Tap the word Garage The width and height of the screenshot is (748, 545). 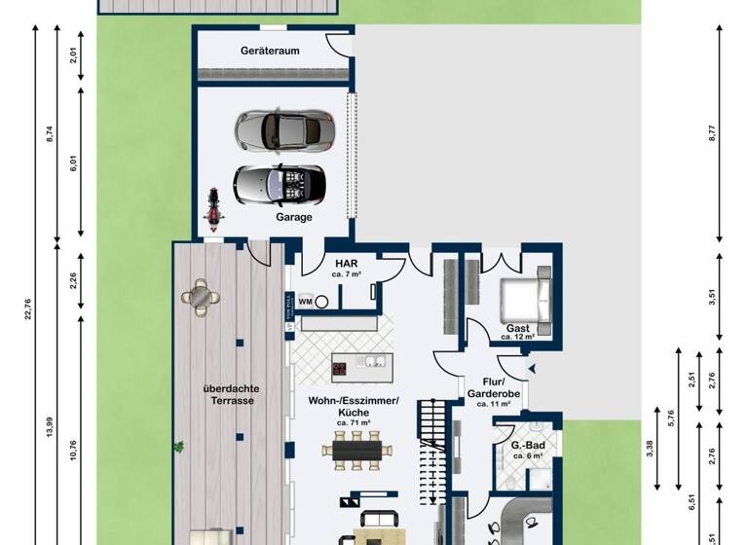pos(293,217)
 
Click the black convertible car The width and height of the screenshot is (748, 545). pos(279,182)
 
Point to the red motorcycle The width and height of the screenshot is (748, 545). pos(209,208)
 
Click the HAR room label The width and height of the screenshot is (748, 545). pos(346,264)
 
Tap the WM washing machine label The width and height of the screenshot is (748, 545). pos(305,302)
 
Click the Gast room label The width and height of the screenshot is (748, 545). pos(517,329)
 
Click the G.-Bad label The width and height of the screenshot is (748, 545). pos(527,446)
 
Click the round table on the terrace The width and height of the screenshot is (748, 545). pos(201,298)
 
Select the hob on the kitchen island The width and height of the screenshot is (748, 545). pos(342,368)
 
